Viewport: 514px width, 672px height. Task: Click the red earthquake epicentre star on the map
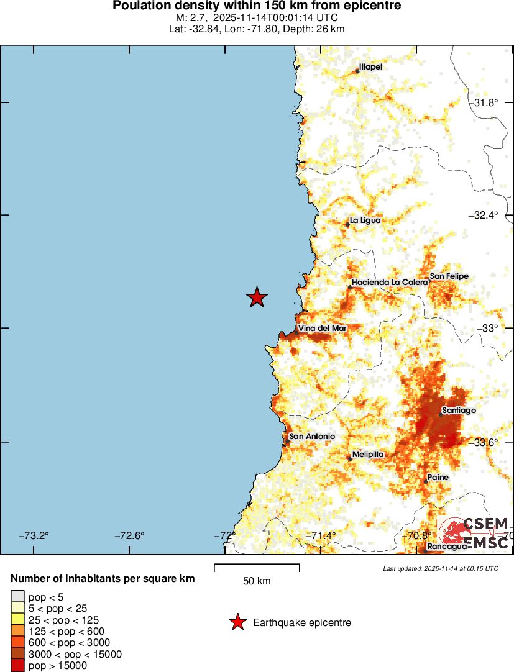click(257, 297)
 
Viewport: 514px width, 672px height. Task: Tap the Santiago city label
click(459, 411)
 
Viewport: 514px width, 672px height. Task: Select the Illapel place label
click(371, 67)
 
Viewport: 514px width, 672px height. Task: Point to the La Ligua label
click(365, 220)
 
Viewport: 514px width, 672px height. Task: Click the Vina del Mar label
click(322, 328)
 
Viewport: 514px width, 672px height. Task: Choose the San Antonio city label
click(312, 437)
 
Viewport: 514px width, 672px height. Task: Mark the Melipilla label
click(368, 455)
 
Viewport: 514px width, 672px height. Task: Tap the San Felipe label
click(449, 276)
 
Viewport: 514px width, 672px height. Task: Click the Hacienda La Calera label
click(390, 283)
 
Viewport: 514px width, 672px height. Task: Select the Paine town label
click(438, 477)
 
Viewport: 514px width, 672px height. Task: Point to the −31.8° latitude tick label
click(484, 102)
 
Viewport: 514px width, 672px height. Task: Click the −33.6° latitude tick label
click(484, 442)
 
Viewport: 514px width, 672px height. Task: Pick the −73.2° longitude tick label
click(34, 535)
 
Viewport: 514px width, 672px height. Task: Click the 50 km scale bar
click(257, 568)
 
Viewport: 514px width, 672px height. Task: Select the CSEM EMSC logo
click(475, 534)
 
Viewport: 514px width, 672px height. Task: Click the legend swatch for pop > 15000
click(18, 665)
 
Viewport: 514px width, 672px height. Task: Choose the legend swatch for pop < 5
click(18, 597)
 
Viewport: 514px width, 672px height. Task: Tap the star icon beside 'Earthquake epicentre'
click(237, 622)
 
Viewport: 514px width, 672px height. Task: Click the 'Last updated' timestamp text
click(441, 568)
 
